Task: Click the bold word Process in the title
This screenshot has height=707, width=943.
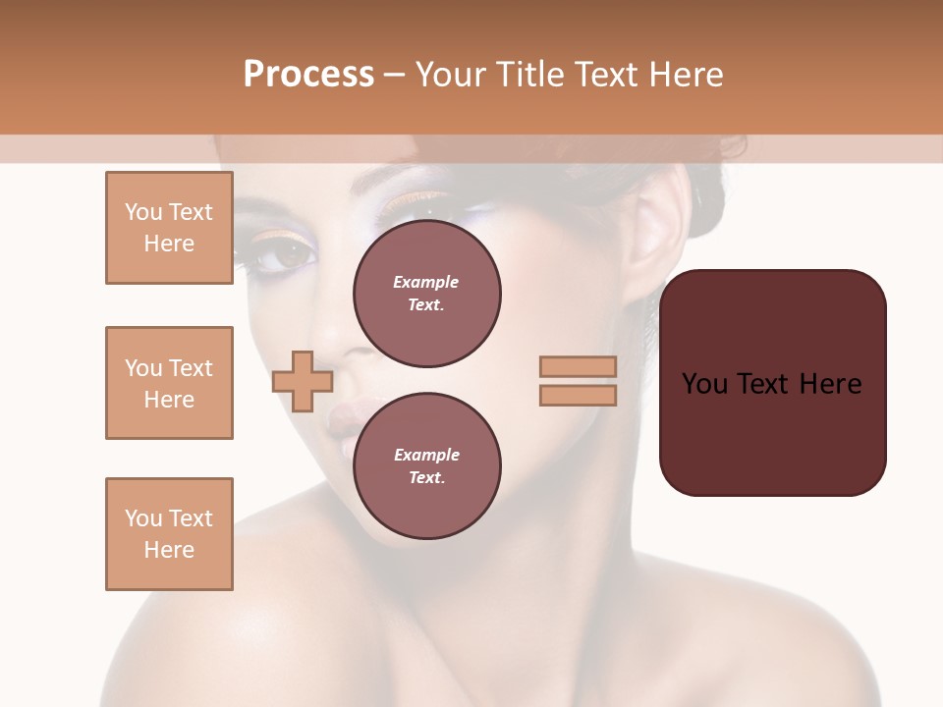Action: [308, 75]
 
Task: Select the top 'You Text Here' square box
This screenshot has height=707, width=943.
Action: [169, 228]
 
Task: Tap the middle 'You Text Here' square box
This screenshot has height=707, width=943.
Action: [169, 383]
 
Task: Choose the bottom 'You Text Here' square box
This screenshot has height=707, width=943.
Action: [169, 534]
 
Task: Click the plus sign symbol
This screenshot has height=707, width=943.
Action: [303, 382]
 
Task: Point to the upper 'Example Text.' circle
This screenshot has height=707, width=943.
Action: [426, 294]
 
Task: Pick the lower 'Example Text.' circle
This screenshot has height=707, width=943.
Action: [426, 466]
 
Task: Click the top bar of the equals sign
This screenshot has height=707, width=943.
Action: [578, 366]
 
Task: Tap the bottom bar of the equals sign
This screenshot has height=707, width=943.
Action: [578, 395]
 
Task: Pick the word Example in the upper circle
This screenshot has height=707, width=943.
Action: [426, 283]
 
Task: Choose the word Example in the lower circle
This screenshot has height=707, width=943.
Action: [426, 456]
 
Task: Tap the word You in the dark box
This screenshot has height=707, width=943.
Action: [704, 384]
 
